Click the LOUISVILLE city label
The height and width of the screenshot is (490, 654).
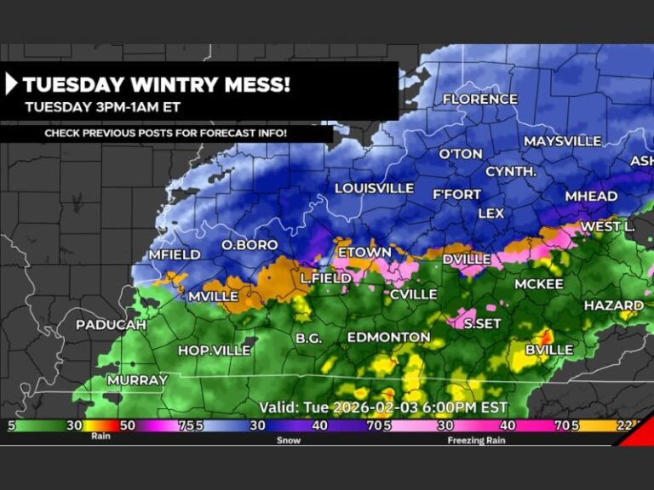click(374, 188)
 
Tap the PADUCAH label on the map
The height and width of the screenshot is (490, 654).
click(111, 325)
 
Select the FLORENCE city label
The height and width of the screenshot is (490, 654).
click(479, 100)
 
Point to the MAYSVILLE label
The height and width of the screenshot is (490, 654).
click(562, 141)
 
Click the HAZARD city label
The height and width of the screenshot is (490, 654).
click(613, 305)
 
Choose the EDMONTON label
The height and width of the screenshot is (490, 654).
click(388, 338)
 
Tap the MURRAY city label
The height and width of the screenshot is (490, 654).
click(137, 380)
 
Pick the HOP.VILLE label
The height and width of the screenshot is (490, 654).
click(214, 350)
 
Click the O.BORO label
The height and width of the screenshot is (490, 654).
click(250, 245)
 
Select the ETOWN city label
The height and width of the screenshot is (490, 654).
click(364, 253)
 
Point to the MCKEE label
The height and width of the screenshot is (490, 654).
click(538, 284)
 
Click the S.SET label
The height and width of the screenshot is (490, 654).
click(482, 323)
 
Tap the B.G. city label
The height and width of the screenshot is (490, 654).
click(308, 339)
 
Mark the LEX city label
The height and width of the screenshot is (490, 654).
click(491, 214)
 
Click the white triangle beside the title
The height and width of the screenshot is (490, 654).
click(12, 84)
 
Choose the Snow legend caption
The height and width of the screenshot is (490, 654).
click(290, 441)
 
